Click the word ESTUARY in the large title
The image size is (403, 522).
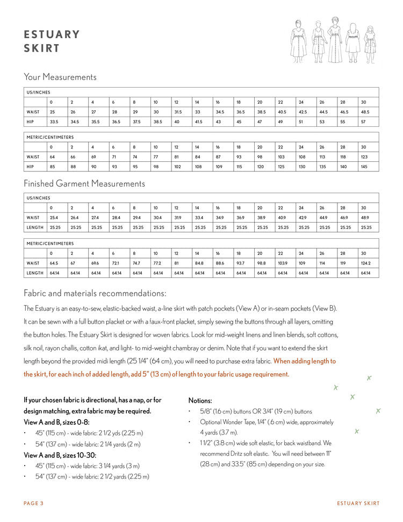(52, 34)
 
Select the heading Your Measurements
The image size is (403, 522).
(60, 77)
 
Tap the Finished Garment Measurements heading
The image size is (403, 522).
(84, 183)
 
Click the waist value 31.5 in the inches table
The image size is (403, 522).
(177, 112)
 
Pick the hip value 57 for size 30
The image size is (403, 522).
(363, 121)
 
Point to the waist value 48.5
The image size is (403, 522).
(365, 112)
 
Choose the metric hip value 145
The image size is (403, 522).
(364, 167)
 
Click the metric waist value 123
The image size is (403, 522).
(364, 157)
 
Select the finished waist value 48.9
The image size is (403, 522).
(365, 217)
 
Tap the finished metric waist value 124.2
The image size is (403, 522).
(366, 263)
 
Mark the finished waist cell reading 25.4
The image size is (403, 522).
(54, 217)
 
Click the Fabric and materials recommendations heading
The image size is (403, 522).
(95, 294)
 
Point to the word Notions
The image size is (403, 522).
(199, 401)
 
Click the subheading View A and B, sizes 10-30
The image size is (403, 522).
(60, 455)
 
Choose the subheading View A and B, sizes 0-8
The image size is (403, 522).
(56, 422)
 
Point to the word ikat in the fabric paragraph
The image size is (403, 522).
(102, 347)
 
